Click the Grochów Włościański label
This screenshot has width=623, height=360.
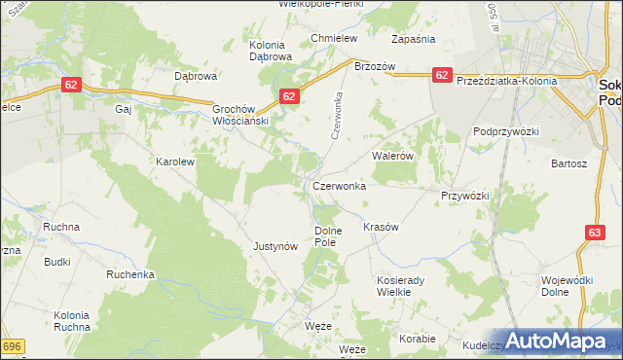coord(239,115)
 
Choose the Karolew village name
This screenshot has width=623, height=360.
coord(176,162)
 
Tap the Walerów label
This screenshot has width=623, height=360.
coord(394,156)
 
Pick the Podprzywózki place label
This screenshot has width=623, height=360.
coord(506,130)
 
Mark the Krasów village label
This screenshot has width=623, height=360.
coord(381,227)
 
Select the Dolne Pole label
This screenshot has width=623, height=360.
coord(325,235)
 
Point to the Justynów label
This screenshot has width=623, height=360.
coord(275,247)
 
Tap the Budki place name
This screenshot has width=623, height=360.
coord(56,262)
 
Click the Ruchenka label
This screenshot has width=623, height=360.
coord(130,274)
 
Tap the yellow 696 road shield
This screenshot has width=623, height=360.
coord(11,345)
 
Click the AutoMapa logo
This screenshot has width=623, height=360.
coord(556,342)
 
